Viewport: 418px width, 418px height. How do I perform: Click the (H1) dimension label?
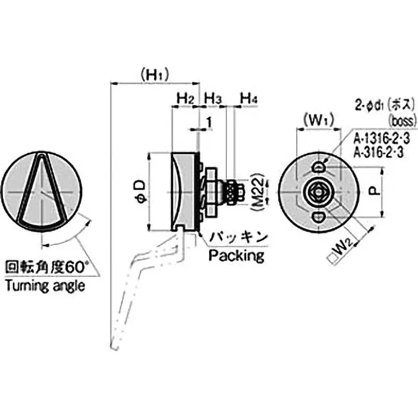(155, 75)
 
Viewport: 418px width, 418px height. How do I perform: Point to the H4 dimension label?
(248, 98)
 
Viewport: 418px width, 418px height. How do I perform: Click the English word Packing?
(236, 256)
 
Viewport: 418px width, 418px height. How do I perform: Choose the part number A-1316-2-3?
(383, 139)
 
